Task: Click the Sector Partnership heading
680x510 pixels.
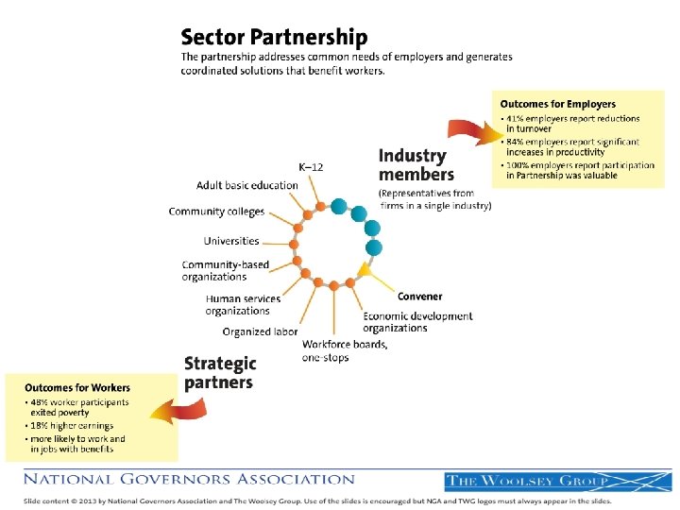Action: (274, 38)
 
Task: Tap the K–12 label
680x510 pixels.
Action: (311, 167)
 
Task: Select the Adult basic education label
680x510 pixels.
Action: (246, 185)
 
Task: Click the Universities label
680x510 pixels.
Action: (230, 241)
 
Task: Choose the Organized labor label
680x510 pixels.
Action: (260, 331)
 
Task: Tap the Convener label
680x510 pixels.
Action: (419, 297)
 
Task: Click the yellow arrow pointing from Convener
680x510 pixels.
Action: (378, 277)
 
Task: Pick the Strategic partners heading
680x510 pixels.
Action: (219, 372)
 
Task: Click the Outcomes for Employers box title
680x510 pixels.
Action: (557, 104)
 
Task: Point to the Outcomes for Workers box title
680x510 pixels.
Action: (77, 387)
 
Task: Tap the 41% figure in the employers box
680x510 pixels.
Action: (518, 119)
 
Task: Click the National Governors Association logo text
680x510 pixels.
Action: (190, 479)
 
